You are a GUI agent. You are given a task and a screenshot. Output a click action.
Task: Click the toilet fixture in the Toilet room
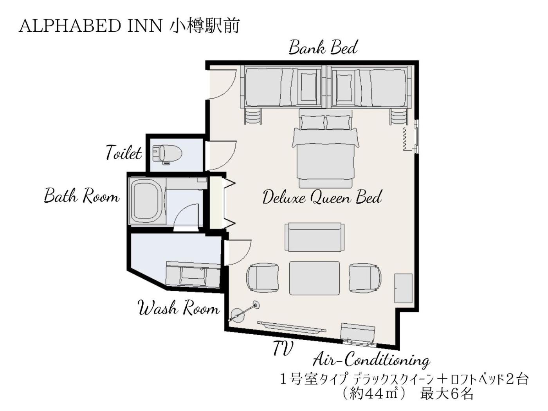click(x=167, y=153)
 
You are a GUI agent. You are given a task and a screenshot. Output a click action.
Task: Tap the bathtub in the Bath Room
click(x=147, y=201)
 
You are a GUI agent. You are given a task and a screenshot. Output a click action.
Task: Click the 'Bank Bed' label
click(x=323, y=47)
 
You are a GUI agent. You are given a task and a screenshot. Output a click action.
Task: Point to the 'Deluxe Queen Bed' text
click(x=322, y=197)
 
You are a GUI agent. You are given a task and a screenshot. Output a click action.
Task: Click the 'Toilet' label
click(x=124, y=152)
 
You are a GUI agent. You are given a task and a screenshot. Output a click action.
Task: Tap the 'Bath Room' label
click(x=82, y=196)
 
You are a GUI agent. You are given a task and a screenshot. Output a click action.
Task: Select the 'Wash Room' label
click(x=179, y=308)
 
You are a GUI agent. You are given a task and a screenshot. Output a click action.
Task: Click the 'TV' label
click(x=283, y=348)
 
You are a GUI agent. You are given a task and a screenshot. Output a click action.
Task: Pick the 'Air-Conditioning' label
click(x=371, y=361)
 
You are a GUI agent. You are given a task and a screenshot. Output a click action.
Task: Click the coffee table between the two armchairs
click(x=314, y=278)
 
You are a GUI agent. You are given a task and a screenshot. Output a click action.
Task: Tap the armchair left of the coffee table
click(x=262, y=278)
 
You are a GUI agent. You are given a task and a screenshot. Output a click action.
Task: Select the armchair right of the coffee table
click(x=365, y=278)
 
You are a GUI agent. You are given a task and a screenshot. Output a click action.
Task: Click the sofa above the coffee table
click(x=315, y=237)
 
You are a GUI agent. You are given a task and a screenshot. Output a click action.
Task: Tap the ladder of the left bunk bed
click(x=253, y=116)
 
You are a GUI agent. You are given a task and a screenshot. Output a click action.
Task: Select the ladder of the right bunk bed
click(x=399, y=116)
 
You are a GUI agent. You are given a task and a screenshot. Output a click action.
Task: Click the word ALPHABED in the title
click(x=70, y=26)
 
